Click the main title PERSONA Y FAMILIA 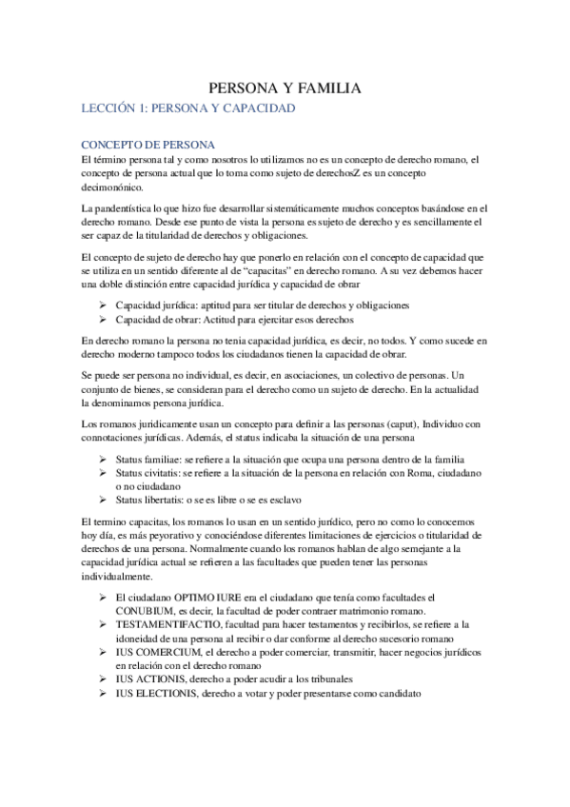[x=285, y=89]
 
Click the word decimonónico [x=119, y=187]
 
